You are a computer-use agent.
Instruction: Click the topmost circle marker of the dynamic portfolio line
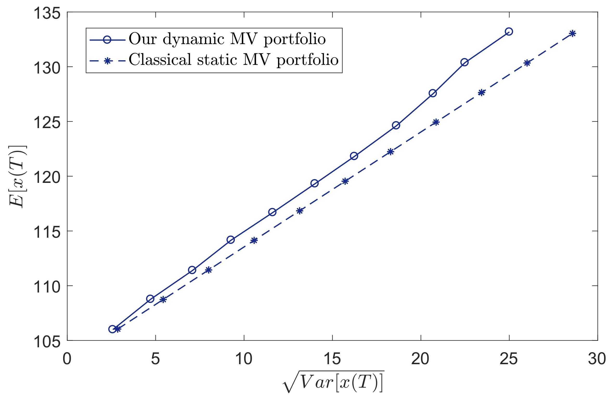(x=509, y=32)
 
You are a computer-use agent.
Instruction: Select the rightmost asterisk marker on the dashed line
(x=572, y=34)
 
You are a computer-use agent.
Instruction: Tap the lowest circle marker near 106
(x=112, y=329)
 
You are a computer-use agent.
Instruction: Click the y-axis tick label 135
(x=47, y=13)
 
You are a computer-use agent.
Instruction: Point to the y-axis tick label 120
(x=47, y=177)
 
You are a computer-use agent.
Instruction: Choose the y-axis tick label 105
(x=47, y=342)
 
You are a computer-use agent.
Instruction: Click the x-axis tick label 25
(x=509, y=359)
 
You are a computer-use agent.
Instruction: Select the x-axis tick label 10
(x=244, y=359)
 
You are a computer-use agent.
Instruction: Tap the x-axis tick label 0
(x=67, y=359)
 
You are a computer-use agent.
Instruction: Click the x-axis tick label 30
(x=597, y=359)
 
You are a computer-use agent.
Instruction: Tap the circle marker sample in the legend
(x=107, y=40)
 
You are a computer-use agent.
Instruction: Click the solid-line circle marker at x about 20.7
(x=433, y=93)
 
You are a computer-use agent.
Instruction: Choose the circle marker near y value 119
(x=314, y=183)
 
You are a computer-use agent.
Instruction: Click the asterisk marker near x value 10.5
(x=254, y=240)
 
